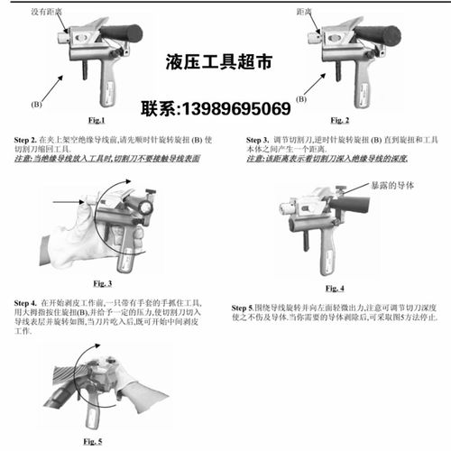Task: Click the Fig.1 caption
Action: pyautogui.click(x=97, y=120)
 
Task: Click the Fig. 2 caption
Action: pyautogui.click(x=340, y=120)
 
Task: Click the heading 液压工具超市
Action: pyautogui.click(x=217, y=63)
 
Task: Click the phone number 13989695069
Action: pyautogui.click(x=216, y=109)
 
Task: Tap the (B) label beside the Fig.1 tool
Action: pyautogui.click(x=37, y=106)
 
